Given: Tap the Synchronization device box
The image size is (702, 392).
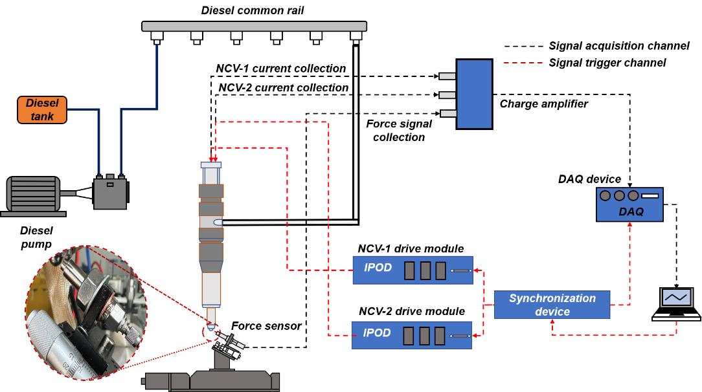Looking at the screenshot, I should coord(552,305).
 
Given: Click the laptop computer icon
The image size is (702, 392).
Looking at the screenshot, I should coord(676,304).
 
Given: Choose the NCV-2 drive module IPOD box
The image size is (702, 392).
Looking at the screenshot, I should coord(412,334).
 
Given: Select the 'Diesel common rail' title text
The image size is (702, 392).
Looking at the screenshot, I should coord(253,10).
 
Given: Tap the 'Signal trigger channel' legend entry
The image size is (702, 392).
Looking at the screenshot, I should coord(607,63).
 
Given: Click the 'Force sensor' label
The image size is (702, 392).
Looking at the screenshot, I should coord(266,326).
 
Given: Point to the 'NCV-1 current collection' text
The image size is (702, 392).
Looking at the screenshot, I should coord(280,69).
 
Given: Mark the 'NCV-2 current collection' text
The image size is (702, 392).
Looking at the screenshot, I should coord(284,87).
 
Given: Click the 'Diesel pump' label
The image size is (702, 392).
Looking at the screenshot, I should coord(36,237).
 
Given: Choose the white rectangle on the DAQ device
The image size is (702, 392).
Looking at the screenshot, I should coord(650,196).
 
